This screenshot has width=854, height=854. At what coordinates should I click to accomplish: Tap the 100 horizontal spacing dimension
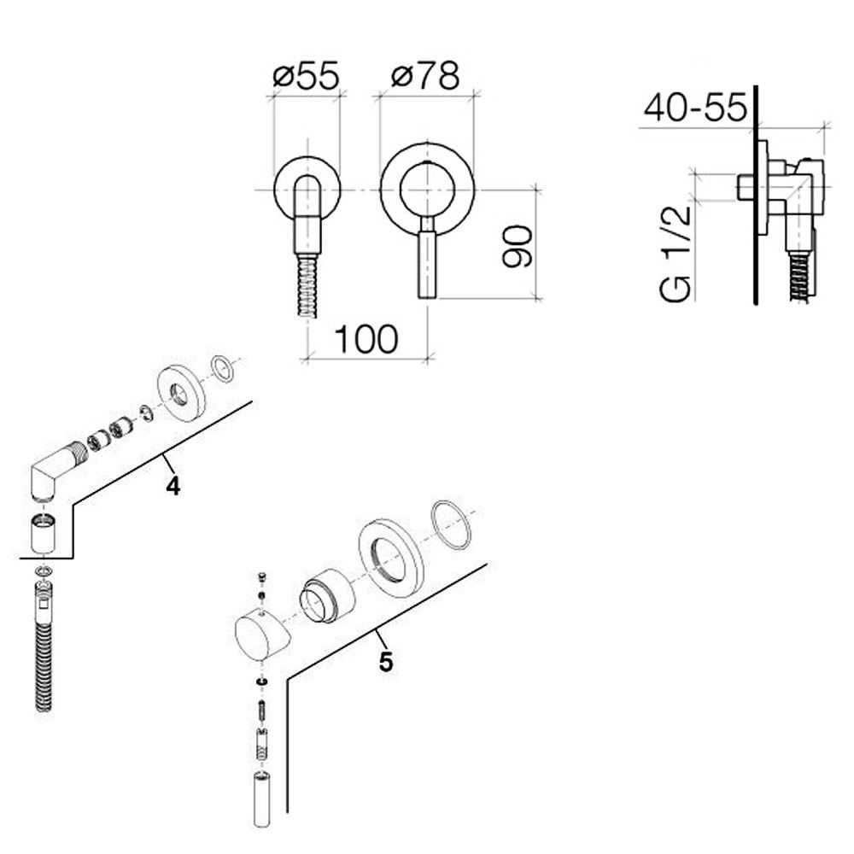[x=366, y=339]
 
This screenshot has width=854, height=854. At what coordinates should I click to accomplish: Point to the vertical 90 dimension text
[x=517, y=246]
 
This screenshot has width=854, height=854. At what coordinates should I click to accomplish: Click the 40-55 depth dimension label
[x=695, y=108]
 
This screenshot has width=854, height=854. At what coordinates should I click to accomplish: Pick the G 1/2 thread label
[x=676, y=254]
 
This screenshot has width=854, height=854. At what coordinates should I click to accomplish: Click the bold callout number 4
[x=173, y=487]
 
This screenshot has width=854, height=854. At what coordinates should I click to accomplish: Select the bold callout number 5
[x=386, y=663]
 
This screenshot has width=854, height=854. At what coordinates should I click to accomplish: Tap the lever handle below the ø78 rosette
[x=427, y=258]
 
